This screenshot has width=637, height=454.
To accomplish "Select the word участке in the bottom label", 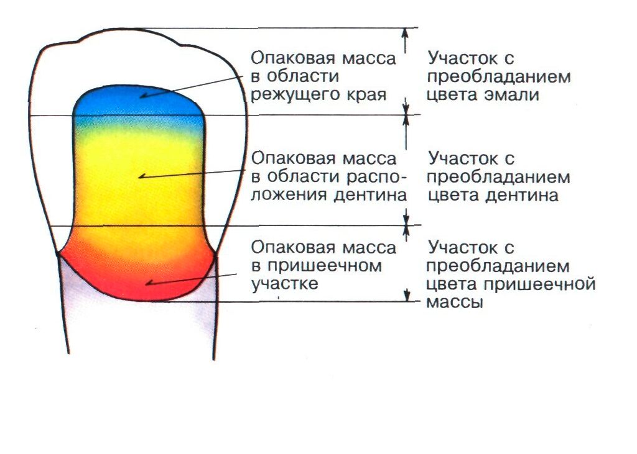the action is pos(284,284).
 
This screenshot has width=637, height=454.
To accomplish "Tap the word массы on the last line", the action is pos(455,302).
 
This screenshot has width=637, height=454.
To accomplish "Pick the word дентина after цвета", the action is pos(522,196).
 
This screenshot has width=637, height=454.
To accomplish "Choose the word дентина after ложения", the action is pos(370,196).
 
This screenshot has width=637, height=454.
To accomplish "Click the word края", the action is pos(366,96).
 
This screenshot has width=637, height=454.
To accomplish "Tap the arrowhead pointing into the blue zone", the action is pos(144,96).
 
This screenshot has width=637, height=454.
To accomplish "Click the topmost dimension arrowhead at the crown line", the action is pos(404,33).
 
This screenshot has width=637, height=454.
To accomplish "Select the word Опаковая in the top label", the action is pos(294,59).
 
